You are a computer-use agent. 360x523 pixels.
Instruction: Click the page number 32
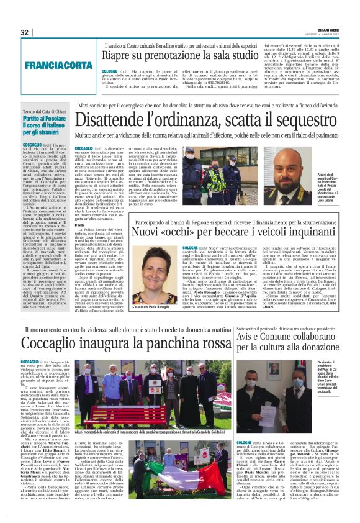pyautogui.click(x=24, y=32)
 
